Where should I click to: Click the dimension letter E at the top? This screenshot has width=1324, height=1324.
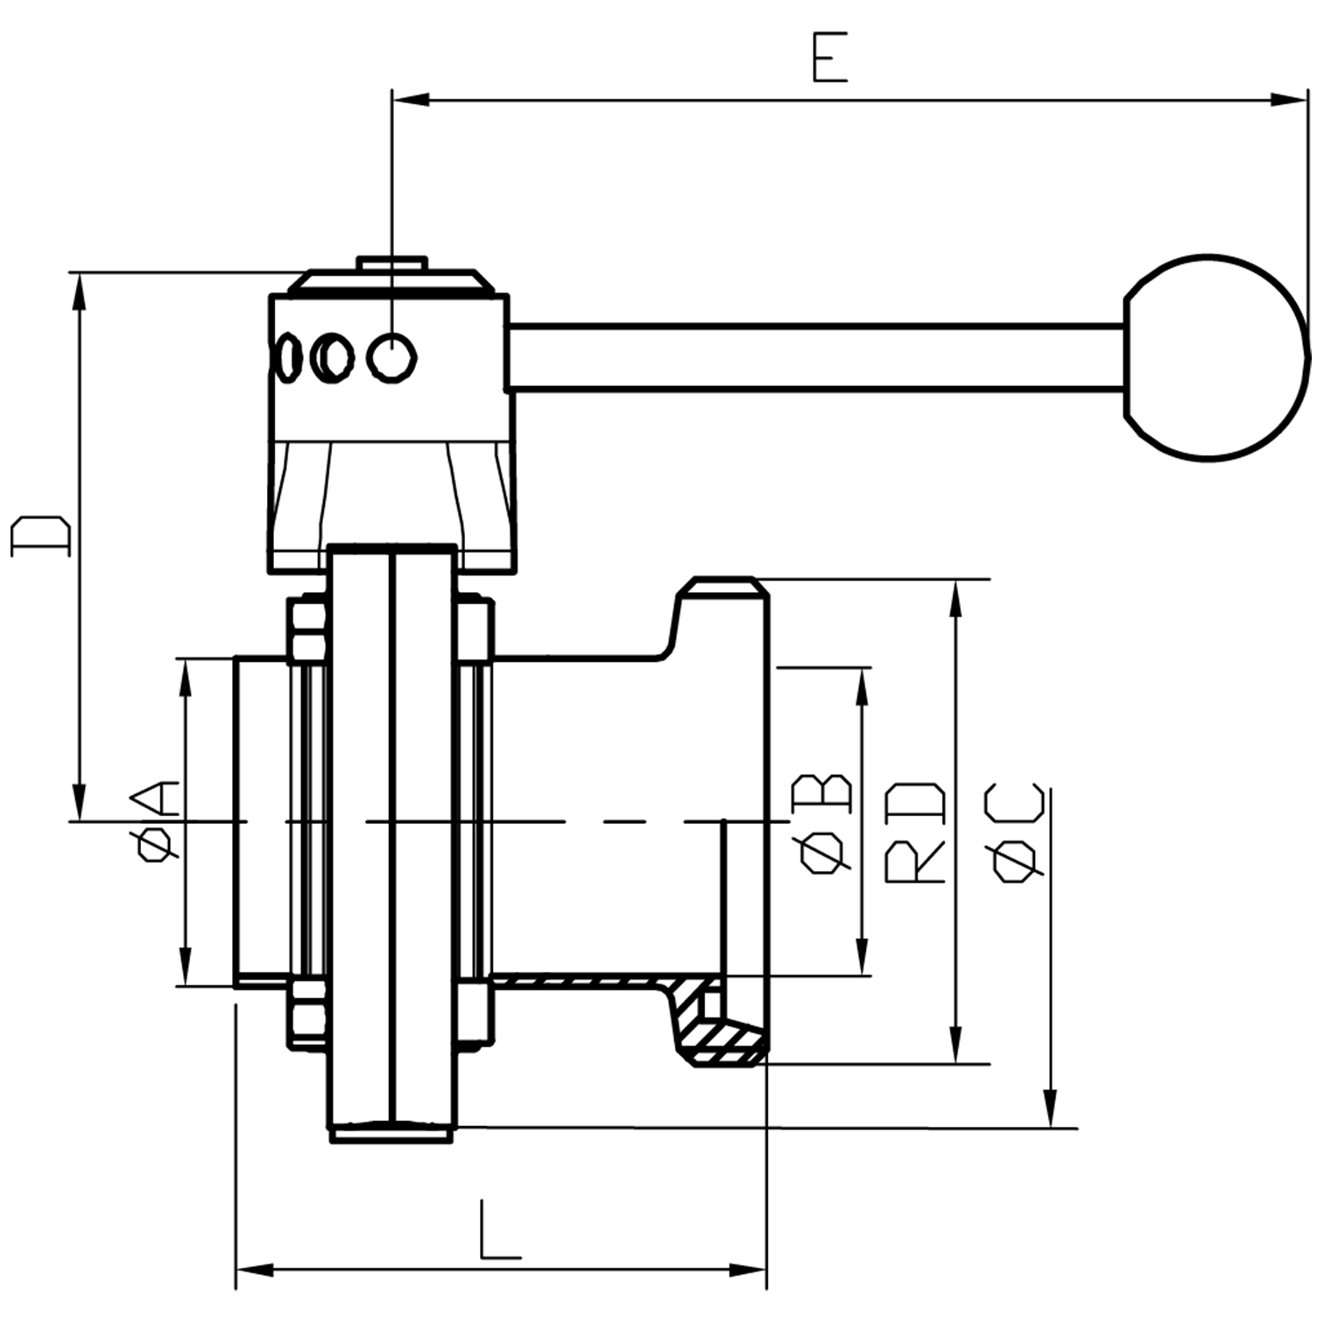click(829, 59)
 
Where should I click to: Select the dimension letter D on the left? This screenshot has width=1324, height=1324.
click(40, 536)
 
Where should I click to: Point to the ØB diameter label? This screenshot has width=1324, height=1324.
click(820, 823)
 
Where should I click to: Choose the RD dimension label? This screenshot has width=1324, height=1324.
click(915, 832)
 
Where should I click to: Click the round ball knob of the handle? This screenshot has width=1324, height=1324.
click(1215, 357)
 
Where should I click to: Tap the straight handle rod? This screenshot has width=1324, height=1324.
click(814, 356)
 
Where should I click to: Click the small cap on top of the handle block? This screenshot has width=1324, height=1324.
click(391, 264)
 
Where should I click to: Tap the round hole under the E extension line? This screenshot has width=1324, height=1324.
click(391, 357)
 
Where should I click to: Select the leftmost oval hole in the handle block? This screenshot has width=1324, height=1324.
click(286, 357)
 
